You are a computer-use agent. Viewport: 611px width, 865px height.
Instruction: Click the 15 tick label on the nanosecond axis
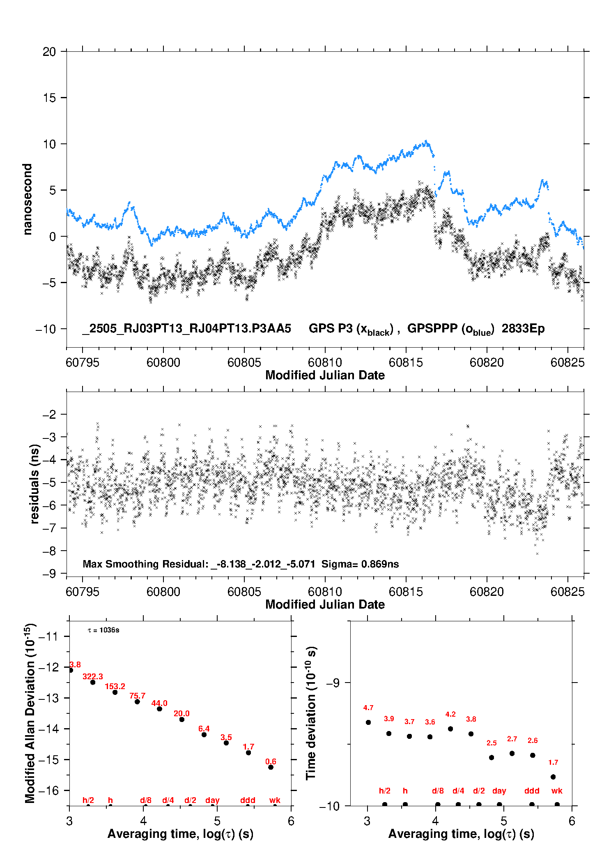pyautogui.click(x=49, y=98)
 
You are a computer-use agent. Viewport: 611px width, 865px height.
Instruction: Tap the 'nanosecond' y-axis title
pyautogui.click(x=27, y=199)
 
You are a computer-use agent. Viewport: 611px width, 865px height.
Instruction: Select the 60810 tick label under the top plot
pyautogui.click(x=325, y=362)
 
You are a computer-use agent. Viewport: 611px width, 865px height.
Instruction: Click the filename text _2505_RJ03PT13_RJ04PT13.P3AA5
pyautogui.click(x=186, y=329)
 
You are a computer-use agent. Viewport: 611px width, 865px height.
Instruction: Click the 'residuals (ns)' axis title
pyautogui.click(x=34, y=484)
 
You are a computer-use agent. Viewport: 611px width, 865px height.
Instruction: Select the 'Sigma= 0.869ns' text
pyautogui.click(x=360, y=564)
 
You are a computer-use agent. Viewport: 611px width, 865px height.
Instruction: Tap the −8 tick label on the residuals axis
pyautogui.click(x=49, y=551)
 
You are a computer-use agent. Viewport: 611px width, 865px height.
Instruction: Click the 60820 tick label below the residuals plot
pyautogui.click(x=487, y=592)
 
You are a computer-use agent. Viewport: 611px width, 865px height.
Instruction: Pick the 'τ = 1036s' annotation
pyautogui.click(x=103, y=630)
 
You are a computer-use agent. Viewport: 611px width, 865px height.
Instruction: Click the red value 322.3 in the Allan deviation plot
pyautogui.click(x=93, y=676)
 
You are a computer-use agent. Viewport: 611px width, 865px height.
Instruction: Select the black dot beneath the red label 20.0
pyautogui.click(x=182, y=720)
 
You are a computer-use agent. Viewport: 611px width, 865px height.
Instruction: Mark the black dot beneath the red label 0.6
pyautogui.click(x=271, y=767)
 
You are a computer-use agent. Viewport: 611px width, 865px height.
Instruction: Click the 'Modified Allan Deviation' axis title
pyautogui.click(x=30, y=713)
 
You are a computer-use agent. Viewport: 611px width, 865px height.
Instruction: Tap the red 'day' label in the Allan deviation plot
pyautogui.click(x=212, y=800)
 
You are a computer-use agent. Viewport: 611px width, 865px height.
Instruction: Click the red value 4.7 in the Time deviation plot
pyautogui.click(x=368, y=708)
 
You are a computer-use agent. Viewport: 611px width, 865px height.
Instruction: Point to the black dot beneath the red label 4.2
pyautogui.click(x=450, y=729)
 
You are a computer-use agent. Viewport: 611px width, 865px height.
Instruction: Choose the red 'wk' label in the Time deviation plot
pyautogui.click(x=557, y=791)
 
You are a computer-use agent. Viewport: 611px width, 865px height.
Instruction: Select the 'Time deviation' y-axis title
pyautogui.click(x=311, y=713)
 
